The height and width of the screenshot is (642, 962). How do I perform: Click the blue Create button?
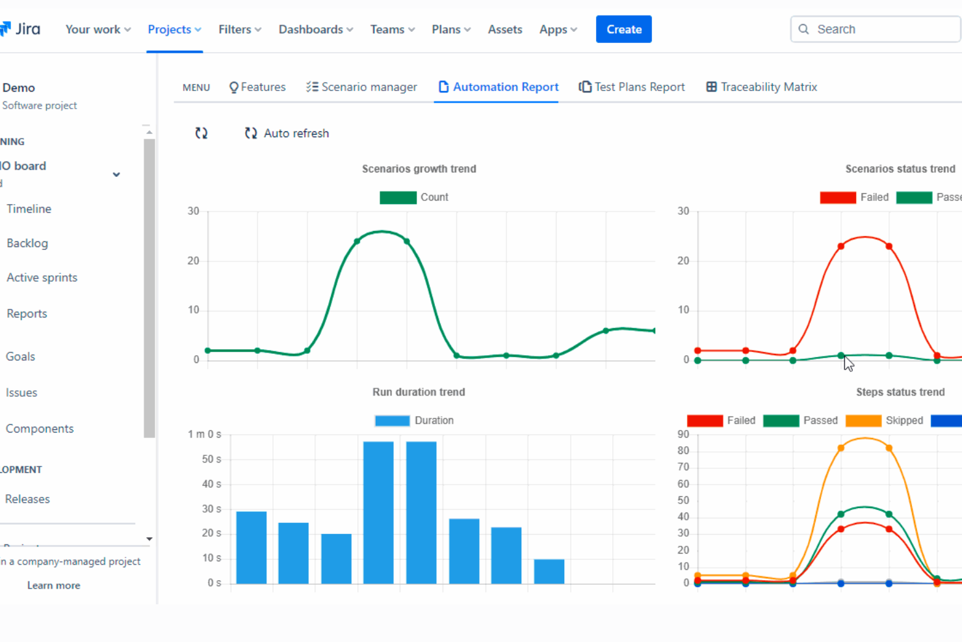point(623,29)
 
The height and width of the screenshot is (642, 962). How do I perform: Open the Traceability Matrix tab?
point(761,87)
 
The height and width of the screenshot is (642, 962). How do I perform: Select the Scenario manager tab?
point(361,87)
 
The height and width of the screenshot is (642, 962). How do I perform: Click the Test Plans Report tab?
point(632,87)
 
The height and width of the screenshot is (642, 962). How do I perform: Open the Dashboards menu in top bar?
point(316,29)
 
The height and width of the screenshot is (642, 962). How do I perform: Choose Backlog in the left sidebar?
point(27,243)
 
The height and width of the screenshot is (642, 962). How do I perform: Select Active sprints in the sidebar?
point(42,278)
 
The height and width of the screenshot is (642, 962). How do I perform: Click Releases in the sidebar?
point(27,499)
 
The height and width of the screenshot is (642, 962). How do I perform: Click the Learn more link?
point(53,585)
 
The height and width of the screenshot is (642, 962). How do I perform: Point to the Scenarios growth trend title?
point(419,169)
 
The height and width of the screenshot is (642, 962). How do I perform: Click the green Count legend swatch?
point(398,198)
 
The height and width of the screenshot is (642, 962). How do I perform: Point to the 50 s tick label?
point(211,459)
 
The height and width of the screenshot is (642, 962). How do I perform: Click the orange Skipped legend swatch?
point(863,421)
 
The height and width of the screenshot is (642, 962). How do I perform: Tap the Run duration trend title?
point(419,392)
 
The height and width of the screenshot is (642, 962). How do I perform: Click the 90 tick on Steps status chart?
point(682,435)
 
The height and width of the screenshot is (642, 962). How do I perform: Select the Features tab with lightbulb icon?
point(257,87)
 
